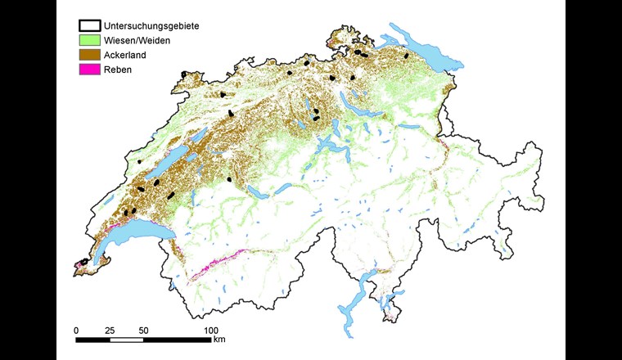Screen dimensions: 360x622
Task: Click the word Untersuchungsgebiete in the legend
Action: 151,25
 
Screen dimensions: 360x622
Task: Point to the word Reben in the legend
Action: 118,69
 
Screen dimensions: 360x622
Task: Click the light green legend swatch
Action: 88,39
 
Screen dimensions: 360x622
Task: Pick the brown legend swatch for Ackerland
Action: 88,54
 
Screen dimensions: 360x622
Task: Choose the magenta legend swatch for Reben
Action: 88,69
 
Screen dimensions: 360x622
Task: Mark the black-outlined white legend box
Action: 88,25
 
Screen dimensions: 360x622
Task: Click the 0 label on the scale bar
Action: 76,330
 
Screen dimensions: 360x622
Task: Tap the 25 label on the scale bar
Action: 110,330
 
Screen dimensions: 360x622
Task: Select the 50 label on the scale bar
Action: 143,330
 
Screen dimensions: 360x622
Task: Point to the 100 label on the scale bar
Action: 211,330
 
